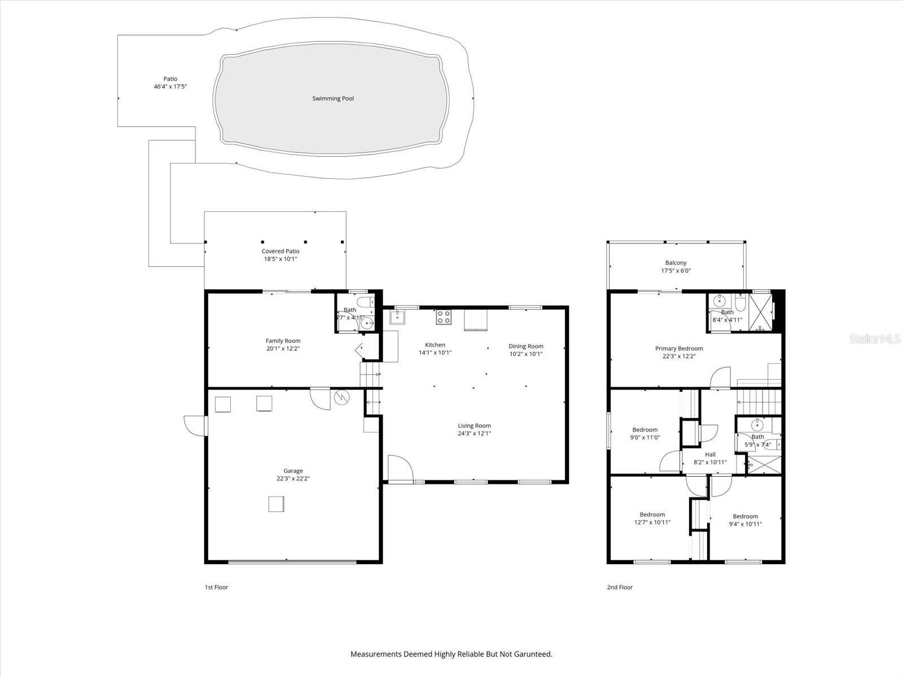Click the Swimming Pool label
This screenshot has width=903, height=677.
pyautogui.click(x=333, y=99)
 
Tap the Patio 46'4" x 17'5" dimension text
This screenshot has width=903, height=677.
pyautogui.click(x=170, y=87)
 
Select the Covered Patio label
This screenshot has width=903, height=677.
pyautogui.click(x=280, y=255)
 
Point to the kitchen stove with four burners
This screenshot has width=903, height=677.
pyautogui.click(x=444, y=317)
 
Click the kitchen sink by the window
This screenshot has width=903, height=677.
pyautogui.click(x=398, y=318)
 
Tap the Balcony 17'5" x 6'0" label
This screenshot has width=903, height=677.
pyautogui.click(x=676, y=266)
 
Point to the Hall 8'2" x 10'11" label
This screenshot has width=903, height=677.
pyautogui.click(x=710, y=458)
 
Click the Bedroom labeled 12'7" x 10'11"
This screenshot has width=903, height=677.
pyautogui.click(x=652, y=518)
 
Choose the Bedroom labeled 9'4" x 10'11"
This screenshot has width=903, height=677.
pyautogui.click(x=745, y=520)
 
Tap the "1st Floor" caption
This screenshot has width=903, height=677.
pyautogui.click(x=216, y=587)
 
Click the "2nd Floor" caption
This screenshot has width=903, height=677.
pyautogui.click(x=620, y=587)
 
